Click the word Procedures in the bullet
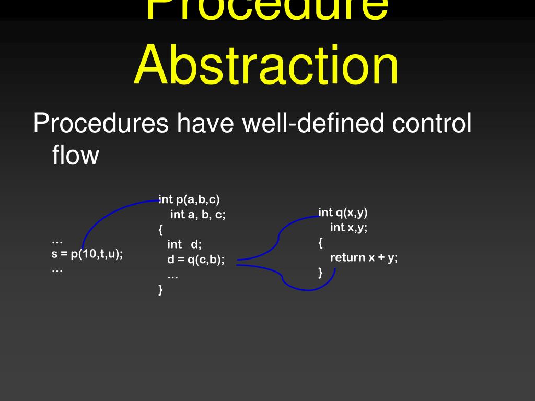tap(100, 124)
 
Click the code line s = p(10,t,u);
tap(87, 255)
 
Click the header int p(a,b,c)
tap(190, 199)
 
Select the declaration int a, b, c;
tap(198, 214)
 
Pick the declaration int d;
tap(184, 244)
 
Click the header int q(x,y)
tap(343, 212)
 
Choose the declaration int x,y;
tap(349, 227)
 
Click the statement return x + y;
tap(364, 257)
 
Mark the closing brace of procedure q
tap(320, 273)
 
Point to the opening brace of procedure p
tap(160, 229)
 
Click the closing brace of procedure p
tap(160, 290)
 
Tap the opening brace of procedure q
tap(320, 242)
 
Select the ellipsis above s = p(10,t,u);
tap(57, 241)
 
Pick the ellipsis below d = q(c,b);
tap(172, 275)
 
